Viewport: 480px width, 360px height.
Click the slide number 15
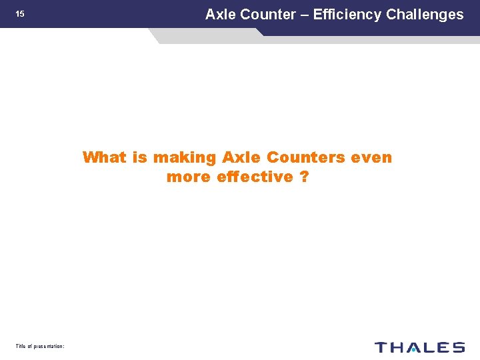click(20, 14)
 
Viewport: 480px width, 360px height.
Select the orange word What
click(103, 158)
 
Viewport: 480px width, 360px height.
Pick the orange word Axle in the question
click(242, 158)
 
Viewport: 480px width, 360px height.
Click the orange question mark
click(304, 177)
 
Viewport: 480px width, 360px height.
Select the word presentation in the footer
click(47, 346)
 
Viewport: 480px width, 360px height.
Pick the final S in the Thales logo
click(457, 347)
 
